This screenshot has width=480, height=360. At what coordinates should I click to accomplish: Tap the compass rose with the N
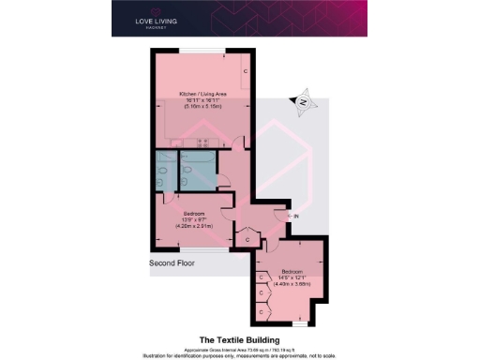[303, 100]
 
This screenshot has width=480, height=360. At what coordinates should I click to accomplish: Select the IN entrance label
[295, 217]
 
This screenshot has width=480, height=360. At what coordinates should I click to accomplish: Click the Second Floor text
[173, 263]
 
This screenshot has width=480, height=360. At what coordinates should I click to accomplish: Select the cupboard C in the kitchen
[246, 72]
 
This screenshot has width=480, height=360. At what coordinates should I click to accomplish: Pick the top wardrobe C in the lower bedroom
[261, 277]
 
